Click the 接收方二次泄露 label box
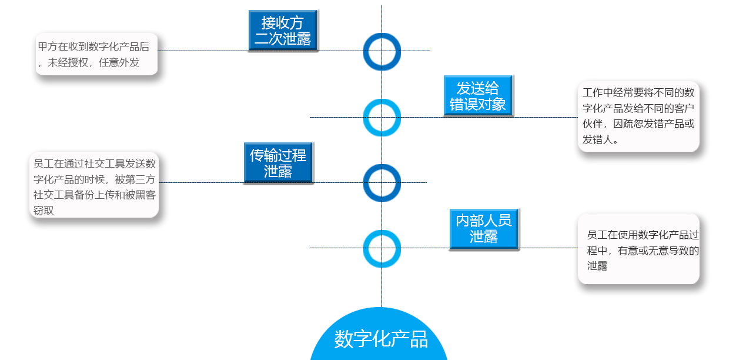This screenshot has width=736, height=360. pyautogui.click(x=283, y=31)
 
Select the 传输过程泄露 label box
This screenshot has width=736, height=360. pyautogui.click(x=278, y=163)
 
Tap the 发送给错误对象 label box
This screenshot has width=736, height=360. pyautogui.click(x=478, y=96)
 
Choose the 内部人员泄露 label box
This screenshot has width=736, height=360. pyautogui.click(x=484, y=228)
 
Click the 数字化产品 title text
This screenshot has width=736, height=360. pyautogui.click(x=381, y=339)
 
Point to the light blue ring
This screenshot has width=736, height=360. pyautogui.click(x=382, y=117)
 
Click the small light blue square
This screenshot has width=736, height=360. pyautogui.click(x=382, y=248)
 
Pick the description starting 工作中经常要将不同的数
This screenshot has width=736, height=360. pyautogui.click(x=638, y=116)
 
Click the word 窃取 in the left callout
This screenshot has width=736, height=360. pyautogui.click(x=44, y=211)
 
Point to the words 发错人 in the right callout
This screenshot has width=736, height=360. pyautogui.click(x=597, y=140)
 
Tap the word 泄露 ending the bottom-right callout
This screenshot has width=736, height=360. pyautogui.click(x=597, y=266)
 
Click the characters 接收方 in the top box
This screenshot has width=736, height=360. pyautogui.click(x=283, y=23)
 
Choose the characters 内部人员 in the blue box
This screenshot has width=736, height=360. pyautogui.click(x=484, y=221)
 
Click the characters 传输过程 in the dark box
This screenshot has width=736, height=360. pyautogui.click(x=278, y=155)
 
